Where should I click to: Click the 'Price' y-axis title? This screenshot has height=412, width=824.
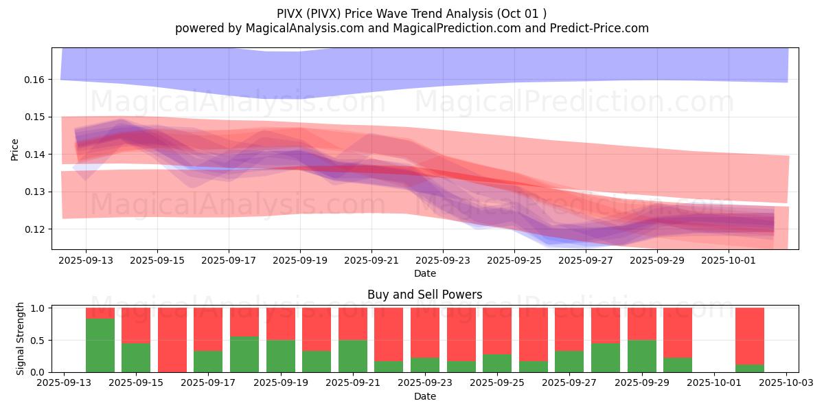[14, 149]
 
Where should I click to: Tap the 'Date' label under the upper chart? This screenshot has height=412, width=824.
[424, 273]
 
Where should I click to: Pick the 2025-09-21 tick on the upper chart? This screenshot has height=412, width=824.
[371, 261]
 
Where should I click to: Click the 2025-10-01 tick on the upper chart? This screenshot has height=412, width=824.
[729, 261]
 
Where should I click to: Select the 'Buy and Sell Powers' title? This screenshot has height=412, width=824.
[424, 295]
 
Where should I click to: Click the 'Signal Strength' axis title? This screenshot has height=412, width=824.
[21, 339]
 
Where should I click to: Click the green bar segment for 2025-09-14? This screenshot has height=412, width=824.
[100, 345]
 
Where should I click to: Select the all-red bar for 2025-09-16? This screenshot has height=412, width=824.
[172, 340]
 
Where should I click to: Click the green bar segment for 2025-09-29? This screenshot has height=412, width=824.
[642, 356]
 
